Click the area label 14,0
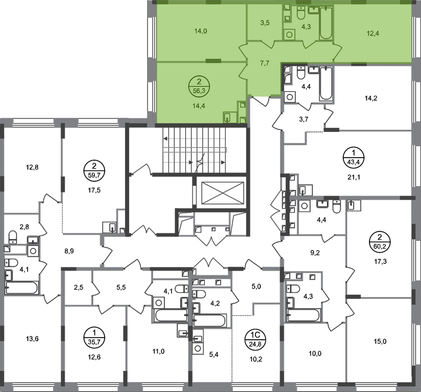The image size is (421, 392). click(200, 32)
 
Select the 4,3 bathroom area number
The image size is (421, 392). click(306, 27)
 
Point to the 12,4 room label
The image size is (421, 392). click(373, 32)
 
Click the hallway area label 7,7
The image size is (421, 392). click(265, 63)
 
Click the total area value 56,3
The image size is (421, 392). click(200, 91)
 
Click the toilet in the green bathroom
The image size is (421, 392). click(301, 14)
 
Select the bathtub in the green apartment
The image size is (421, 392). click(326, 23)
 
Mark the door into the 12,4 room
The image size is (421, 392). click(336, 51)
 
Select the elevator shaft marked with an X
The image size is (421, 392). click(219, 193)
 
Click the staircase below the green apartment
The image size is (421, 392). click(195, 149)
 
